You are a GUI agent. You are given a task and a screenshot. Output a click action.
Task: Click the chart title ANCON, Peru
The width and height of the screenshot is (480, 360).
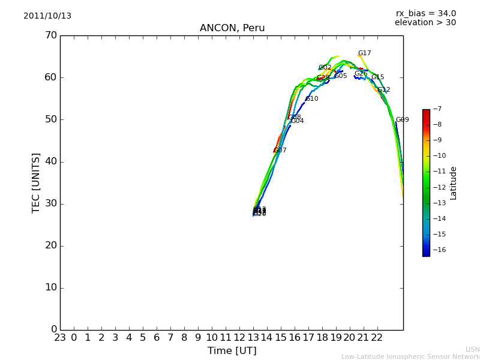tap(232, 28)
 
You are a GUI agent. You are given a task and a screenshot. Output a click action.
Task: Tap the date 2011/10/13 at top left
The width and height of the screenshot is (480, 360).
tap(47, 16)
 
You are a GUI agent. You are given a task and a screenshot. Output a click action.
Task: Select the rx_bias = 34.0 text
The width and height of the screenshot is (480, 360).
tap(426, 14)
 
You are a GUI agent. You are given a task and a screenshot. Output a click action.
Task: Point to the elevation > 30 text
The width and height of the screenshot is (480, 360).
tap(425, 23)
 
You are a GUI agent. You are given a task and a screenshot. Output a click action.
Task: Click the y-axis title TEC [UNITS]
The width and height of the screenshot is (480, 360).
tap(36, 182)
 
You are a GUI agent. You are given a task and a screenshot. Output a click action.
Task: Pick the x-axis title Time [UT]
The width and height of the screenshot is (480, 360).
tap(232, 351)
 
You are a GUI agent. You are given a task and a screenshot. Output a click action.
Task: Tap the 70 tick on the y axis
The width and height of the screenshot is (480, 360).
tap(50, 35)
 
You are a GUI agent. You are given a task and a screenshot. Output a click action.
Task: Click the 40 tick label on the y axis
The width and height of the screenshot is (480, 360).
tap(50, 161)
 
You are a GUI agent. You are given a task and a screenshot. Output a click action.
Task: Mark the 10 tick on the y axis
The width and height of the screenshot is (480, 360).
tap(50, 287)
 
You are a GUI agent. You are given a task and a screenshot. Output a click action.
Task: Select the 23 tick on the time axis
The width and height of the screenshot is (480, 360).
tap(60, 338)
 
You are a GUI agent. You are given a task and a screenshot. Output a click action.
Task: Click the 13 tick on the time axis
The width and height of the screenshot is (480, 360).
tap(253, 338)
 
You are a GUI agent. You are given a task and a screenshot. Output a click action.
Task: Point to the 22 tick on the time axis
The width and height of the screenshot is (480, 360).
tap(377, 338)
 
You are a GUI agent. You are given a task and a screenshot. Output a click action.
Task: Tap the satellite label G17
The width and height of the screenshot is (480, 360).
tap(365, 53)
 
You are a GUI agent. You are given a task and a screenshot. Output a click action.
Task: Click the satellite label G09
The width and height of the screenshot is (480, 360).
tap(403, 120)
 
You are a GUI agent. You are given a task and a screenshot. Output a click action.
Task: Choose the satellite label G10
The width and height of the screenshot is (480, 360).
tap(312, 99)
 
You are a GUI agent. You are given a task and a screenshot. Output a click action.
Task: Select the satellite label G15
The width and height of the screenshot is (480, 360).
tap(378, 77)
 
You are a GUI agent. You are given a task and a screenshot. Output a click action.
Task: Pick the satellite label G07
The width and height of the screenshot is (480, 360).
tap(280, 151)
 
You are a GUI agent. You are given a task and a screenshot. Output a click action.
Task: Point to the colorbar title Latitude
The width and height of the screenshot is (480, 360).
tap(454, 183)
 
